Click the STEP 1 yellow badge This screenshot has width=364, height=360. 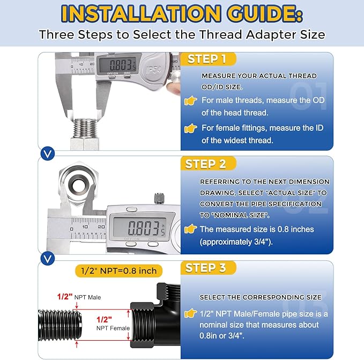click(208, 59)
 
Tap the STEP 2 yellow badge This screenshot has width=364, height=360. click(208, 164)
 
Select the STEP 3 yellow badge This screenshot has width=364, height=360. click(208, 268)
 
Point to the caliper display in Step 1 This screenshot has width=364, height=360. click(117, 64)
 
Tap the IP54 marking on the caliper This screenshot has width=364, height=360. click(153, 69)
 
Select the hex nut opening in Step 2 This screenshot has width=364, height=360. click(79, 185)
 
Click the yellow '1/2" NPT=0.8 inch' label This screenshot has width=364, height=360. click(118, 271)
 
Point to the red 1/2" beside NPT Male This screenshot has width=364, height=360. click(65, 297)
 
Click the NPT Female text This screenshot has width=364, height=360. click(113, 328)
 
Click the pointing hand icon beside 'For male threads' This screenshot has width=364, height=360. click(191, 100)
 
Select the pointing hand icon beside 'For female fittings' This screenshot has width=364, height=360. click(191, 128)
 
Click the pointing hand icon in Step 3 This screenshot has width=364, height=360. click(191, 313)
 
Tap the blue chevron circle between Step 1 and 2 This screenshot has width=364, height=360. click(48, 153)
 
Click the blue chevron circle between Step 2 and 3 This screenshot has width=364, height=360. click(48, 259)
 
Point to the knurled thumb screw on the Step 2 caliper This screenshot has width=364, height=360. click(159, 199)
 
